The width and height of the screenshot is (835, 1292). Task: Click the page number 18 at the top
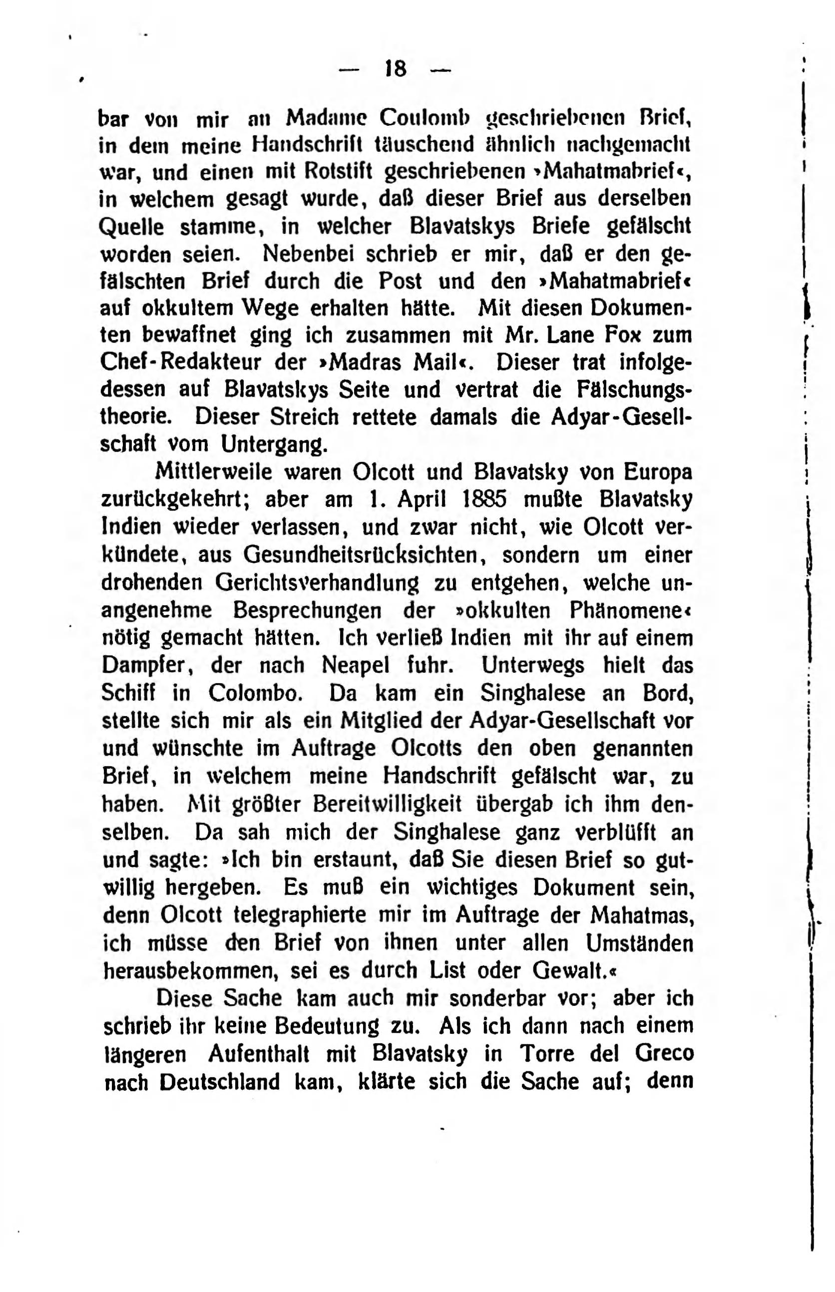(395, 69)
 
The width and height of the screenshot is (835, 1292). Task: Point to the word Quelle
(132, 227)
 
